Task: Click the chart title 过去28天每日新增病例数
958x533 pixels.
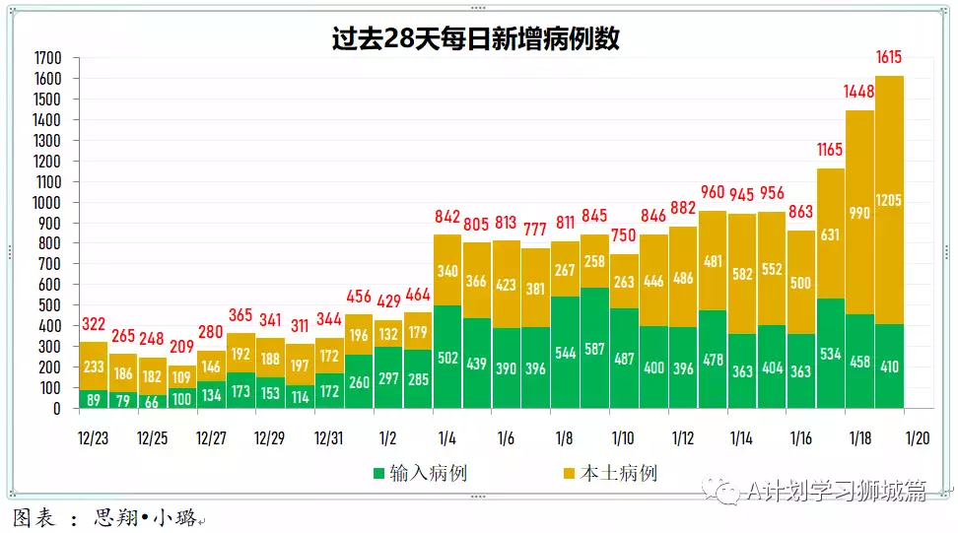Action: (x=476, y=38)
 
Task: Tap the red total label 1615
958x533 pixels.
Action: (x=888, y=57)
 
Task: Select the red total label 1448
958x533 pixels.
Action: (x=859, y=92)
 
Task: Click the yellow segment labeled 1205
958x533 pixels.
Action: (x=889, y=200)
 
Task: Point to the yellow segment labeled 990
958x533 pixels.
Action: (x=859, y=212)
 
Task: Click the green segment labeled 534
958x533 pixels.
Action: (x=830, y=353)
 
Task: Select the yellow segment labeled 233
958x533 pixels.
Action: (x=93, y=366)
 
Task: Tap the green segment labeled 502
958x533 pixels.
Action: (x=447, y=357)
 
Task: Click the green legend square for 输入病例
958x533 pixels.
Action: (x=377, y=474)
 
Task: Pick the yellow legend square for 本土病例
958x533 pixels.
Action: (x=568, y=474)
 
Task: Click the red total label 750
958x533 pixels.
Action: (x=624, y=235)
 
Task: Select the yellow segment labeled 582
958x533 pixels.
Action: (x=742, y=273)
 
